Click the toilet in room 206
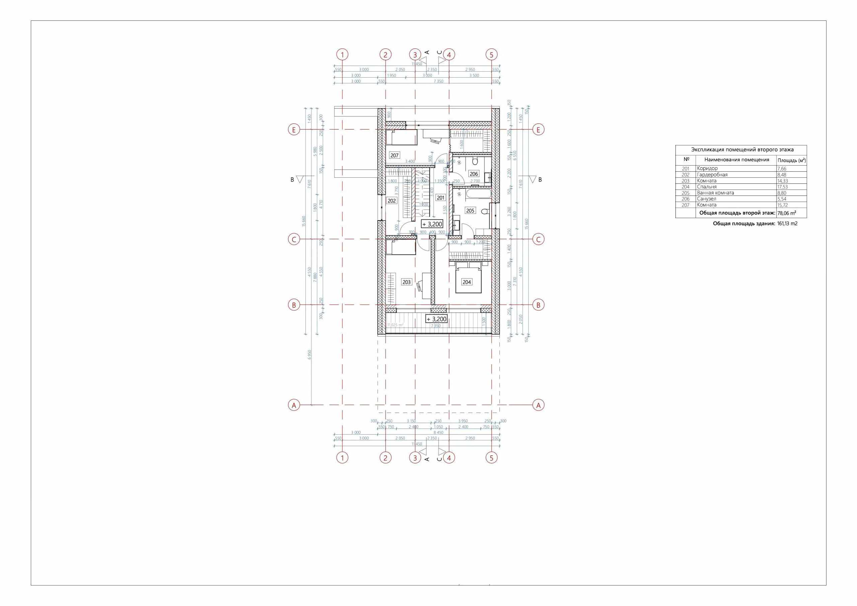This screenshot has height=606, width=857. point(475,162)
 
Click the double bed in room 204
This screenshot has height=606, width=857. point(469,279)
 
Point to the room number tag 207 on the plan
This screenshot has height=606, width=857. point(395,155)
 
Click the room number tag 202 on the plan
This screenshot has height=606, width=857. point(392,201)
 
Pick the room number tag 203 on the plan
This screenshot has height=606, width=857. point(406,282)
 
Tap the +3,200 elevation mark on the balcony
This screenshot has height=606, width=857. point(436,319)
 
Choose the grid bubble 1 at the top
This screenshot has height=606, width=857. point(342,55)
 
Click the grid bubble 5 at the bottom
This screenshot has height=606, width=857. point(491,457)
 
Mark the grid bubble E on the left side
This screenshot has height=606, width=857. point(294,129)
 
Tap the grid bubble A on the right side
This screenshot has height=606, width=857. point(538,405)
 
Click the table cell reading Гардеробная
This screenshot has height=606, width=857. point(712,175)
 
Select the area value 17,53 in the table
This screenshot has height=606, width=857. point(783,187)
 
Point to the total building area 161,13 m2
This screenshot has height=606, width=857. point(787,224)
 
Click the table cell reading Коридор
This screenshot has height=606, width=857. point(707,169)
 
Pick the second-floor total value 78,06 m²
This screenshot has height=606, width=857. point(786,213)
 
